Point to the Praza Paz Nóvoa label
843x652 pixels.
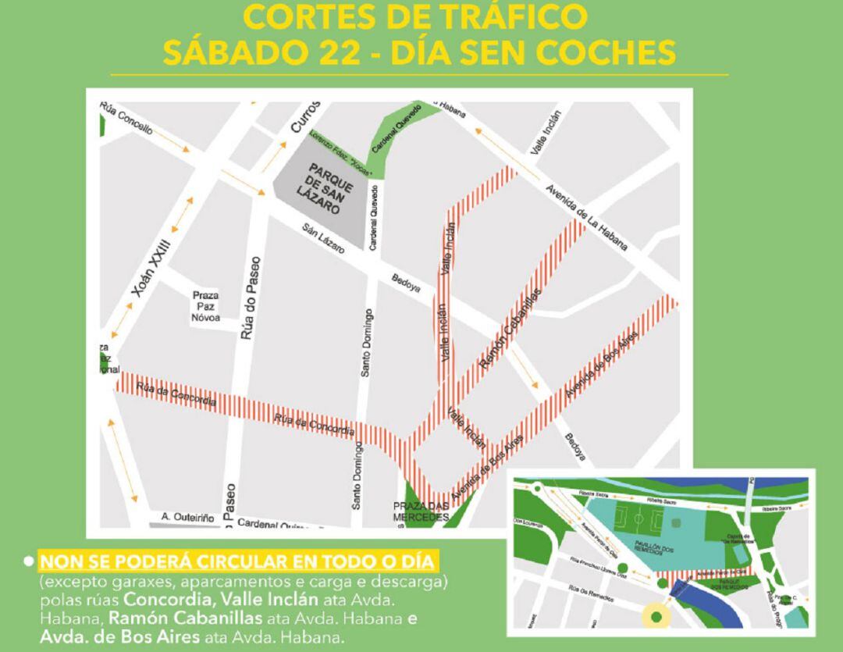tap(206, 307)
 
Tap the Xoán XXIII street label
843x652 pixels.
tap(151, 268)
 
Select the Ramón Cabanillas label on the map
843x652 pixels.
tap(510, 329)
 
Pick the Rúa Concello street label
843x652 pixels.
tap(126, 119)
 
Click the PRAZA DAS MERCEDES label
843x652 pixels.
tap(421, 511)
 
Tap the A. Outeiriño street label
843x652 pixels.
tap(187, 517)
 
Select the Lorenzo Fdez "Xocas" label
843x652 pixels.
tap(340, 153)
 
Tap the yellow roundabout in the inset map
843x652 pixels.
tap(656, 617)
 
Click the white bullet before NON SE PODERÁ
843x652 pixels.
tap(29, 561)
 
